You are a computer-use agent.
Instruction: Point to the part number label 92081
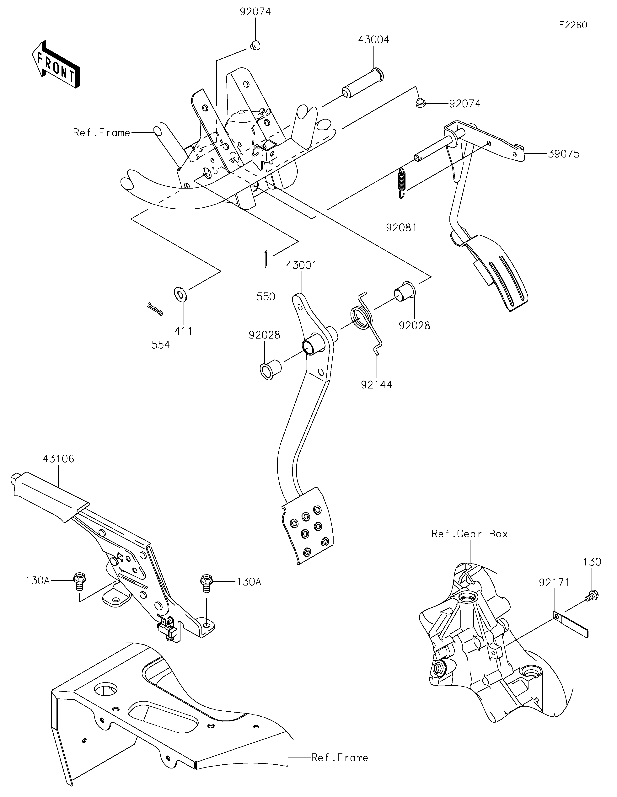401,228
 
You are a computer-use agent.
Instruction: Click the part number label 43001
301,265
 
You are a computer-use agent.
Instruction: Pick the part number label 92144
377,385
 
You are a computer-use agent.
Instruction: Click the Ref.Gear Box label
469,534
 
